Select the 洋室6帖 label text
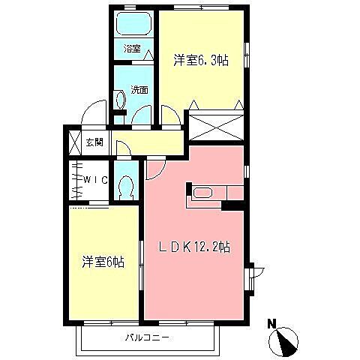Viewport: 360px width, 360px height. click(103, 262)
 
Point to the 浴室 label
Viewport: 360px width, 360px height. click(133, 49)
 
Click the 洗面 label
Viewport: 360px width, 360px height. click(139, 89)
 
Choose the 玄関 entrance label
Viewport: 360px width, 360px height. click(94, 142)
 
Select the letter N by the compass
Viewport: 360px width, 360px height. click(272, 324)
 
